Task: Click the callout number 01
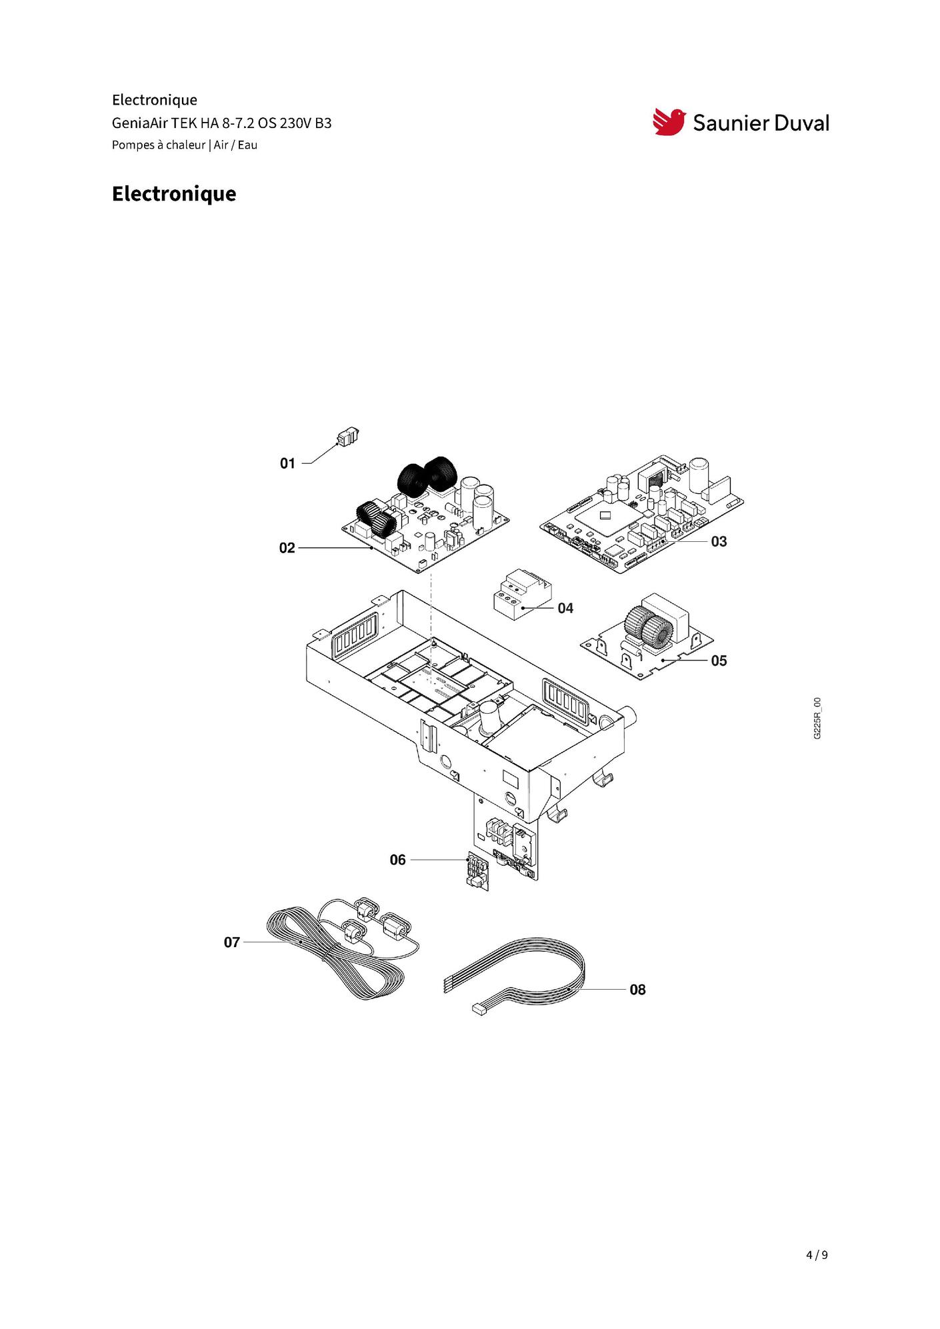(287, 463)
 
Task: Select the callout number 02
(287, 548)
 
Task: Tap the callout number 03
(719, 541)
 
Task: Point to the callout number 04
(565, 608)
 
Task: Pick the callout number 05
(719, 661)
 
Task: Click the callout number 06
(397, 860)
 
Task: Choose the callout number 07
(231, 942)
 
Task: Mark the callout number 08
(637, 990)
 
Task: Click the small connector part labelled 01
(347, 437)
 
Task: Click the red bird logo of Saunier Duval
(669, 122)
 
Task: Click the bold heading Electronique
(174, 193)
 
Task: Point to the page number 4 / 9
(817, 1255)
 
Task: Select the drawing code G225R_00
(817, 718)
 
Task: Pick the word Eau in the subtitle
(247, 145)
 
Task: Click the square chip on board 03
(605, 515)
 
